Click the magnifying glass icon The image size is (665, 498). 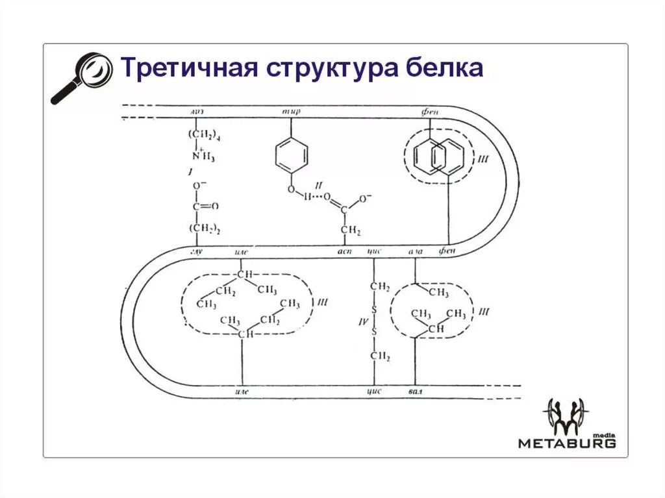[77, 77]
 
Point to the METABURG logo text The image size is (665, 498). [566, 443]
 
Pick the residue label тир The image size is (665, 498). [290, 112]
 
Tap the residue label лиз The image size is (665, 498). [197, 112]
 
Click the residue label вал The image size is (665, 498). [416, 393]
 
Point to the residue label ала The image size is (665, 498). [416, 251]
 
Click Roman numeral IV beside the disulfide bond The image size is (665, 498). [364, 321]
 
